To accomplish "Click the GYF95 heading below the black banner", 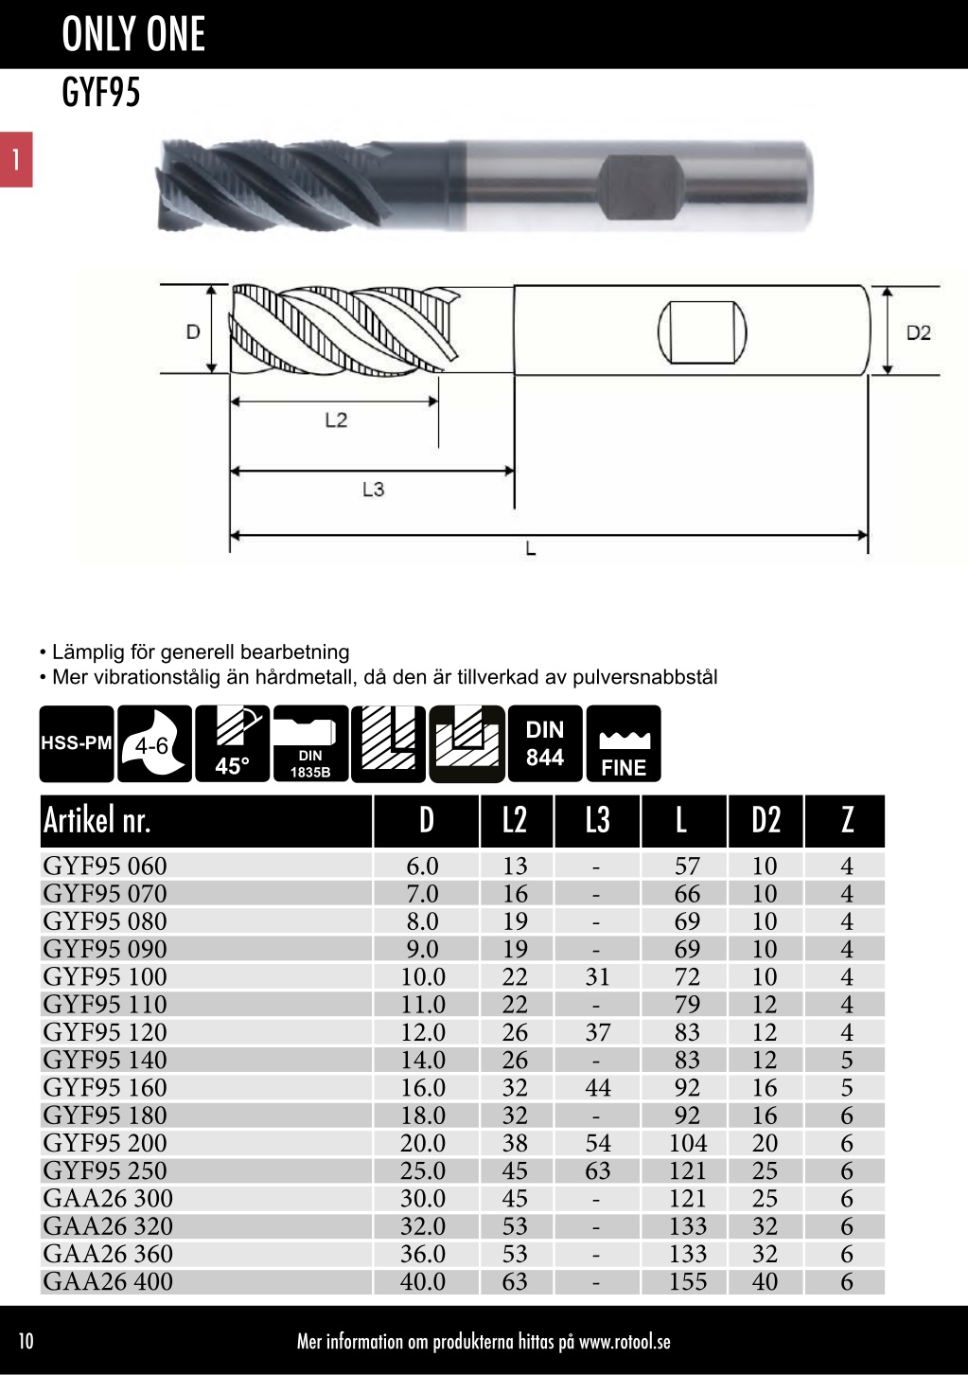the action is [x=101, y=93].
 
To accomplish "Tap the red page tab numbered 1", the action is [x=16, y=160].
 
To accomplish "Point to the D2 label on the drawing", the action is [x=918, y=332].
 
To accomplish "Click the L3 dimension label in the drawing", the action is [x=373, y=490].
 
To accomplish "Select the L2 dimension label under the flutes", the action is [x=336, y=420].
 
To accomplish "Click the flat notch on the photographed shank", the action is [x=640, y=187].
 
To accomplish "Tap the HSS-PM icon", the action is [x=77, y=743].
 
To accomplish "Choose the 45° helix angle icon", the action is [x=233, y=743].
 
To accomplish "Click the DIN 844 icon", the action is [x=545, y=743].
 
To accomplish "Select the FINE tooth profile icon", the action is [x=624, y=743].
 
